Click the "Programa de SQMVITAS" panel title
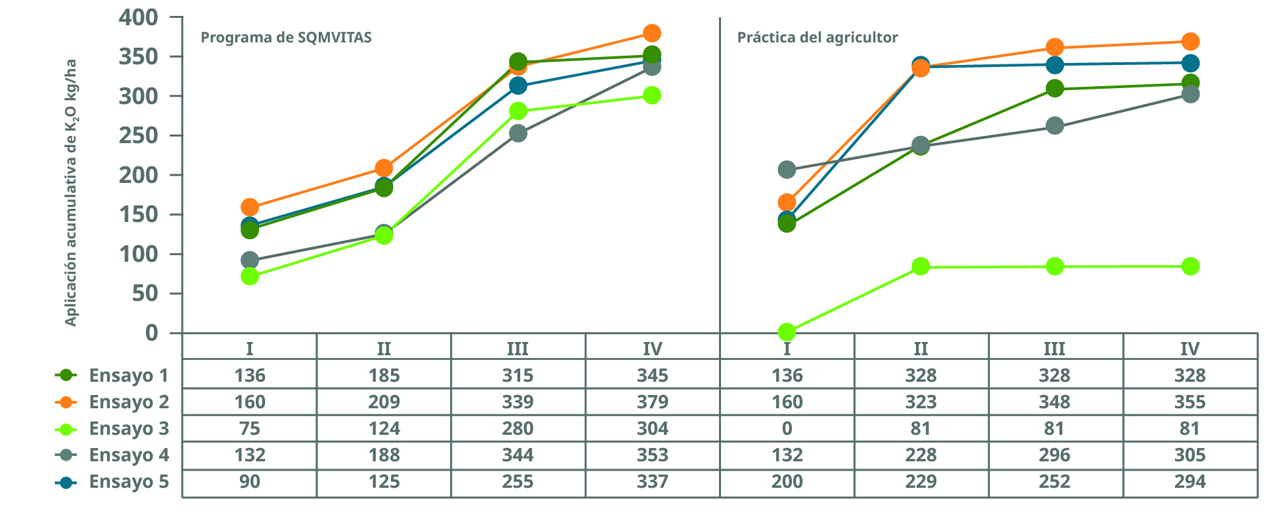pos(286,37)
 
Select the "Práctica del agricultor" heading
pos(817,37)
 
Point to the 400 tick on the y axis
pos(138,17)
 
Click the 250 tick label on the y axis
pos(138,135)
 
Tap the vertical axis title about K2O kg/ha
pos(71,192)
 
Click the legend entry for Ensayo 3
pos(112,429)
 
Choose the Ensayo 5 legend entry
pos(112,482)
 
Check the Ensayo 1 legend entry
pos(112,376)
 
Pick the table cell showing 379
pos(652,402)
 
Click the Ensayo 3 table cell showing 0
pos(787,429)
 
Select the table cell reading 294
pos(1190,482)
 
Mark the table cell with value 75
pos(249,429)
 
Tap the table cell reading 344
pos(518,455)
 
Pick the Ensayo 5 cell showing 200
pos(787,482)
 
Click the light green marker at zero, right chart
pos(787,331)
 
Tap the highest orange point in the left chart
pos(651,33)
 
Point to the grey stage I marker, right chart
pos(787,170)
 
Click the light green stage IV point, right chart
pos(1190,266)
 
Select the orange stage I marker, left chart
pos(250,207)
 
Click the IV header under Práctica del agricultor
pos(1190,349)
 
